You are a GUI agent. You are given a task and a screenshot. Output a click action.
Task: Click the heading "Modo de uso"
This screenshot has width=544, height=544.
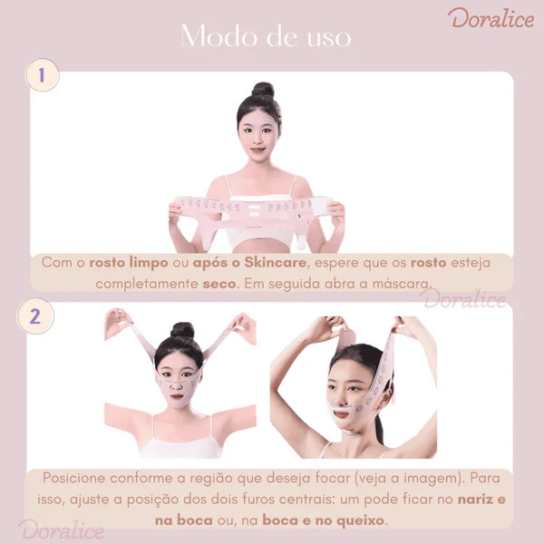pos(265,36)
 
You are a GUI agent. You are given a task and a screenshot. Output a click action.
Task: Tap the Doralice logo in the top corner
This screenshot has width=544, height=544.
pos(491,18)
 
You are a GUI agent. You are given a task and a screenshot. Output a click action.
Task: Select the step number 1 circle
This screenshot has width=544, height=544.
pos(42,75)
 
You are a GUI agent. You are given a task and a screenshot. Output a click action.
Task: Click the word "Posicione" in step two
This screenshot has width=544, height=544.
pos(78,479)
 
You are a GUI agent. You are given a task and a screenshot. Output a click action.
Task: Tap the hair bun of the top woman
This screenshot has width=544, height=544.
pos(263,91)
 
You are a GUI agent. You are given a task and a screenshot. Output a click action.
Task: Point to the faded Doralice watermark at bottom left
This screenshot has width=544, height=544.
pos(62,529)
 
